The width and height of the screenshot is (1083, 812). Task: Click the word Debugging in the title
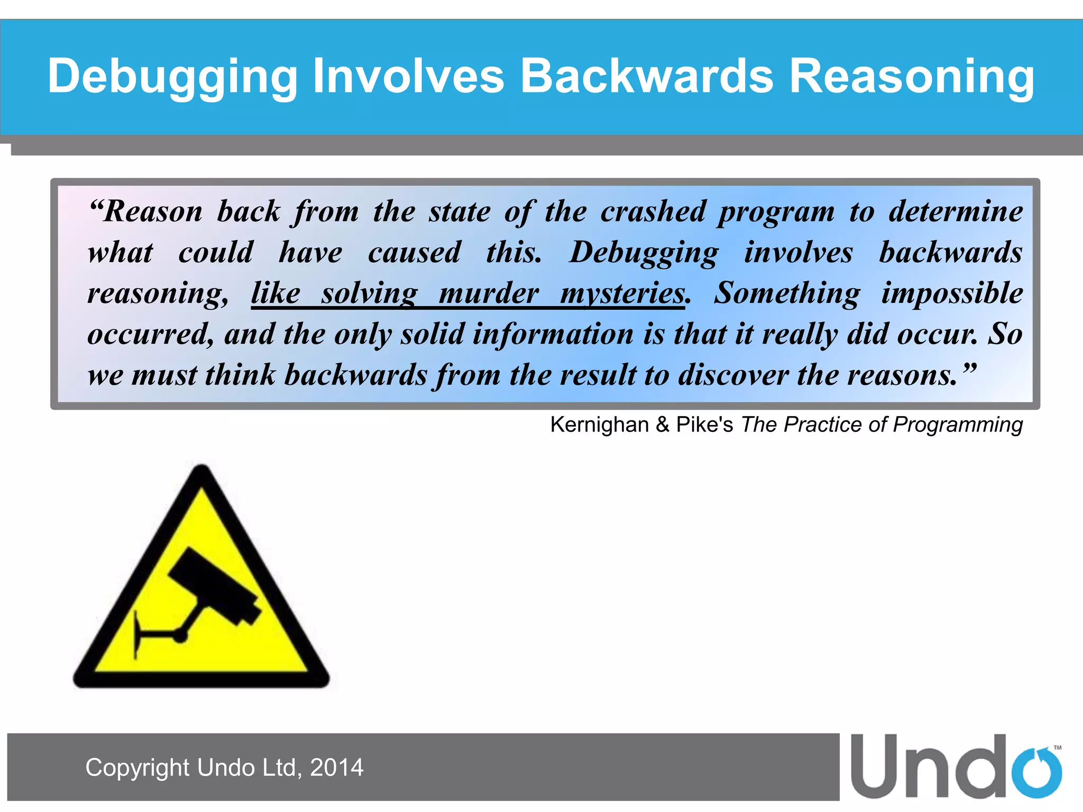(x=172, y=77)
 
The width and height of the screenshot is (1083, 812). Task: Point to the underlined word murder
(x=489, y=293)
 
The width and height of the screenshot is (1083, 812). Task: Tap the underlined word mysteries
(x=622, y=293)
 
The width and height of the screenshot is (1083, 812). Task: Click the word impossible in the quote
(x=952, y=293)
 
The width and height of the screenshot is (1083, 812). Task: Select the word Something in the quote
(x=786, y=293)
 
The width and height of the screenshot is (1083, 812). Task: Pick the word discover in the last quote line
(x=733, y=375)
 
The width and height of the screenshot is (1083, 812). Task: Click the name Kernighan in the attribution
(x=599, y=425)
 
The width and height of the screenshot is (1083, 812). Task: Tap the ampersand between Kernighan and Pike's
(x=663, y=425)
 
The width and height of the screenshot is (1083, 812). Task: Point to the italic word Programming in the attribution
(x=958, y=425)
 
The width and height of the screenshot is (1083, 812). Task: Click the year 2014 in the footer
(x=336, y=768)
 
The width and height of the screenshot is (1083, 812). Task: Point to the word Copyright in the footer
(x=137, y=768)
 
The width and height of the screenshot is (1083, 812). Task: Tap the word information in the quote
(x=553, y=335)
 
